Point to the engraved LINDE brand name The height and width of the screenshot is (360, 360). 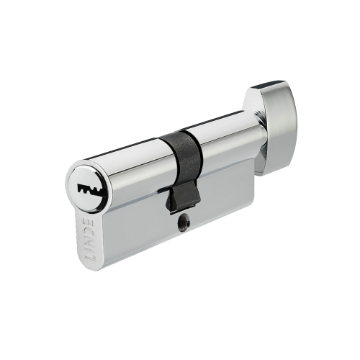[91, 240]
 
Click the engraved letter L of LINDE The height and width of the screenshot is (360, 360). [91, 258]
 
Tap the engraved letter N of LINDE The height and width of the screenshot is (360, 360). [91, 240]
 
